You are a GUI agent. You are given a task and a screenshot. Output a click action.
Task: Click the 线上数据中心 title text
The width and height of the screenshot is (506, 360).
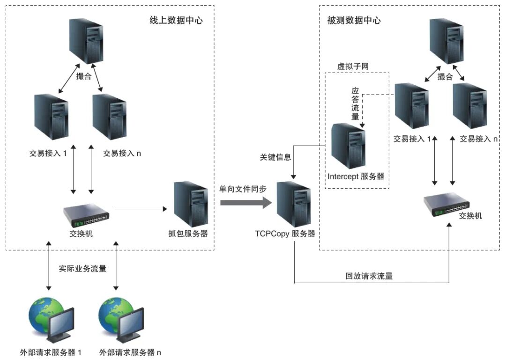[x=176, y=21]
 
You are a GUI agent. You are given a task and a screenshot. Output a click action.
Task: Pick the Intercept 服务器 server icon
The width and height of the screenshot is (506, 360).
[x=348, y=146]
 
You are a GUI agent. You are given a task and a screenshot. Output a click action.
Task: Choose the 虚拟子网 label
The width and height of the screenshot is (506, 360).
[x=353, y=66]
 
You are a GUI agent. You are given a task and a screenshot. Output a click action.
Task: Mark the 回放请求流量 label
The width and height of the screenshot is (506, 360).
[x=369, y=276]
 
